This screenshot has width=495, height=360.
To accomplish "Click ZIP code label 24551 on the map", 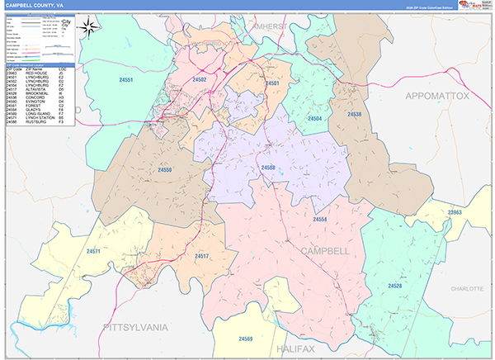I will click(125, 80).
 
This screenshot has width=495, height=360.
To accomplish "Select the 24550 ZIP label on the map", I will click(165, 169).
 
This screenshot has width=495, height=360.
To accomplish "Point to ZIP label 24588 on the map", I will click(268, 168).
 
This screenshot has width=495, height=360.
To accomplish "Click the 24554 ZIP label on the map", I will click(320, 219).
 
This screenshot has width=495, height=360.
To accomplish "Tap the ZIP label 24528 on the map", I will click(395, 285).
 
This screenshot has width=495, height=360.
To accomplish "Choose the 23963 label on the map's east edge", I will click(455, 213).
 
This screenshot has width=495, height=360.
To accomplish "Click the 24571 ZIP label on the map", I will click(93, 250).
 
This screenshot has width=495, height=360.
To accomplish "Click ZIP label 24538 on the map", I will click(354, 114).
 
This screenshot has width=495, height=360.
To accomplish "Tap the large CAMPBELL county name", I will click(326, 249).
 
